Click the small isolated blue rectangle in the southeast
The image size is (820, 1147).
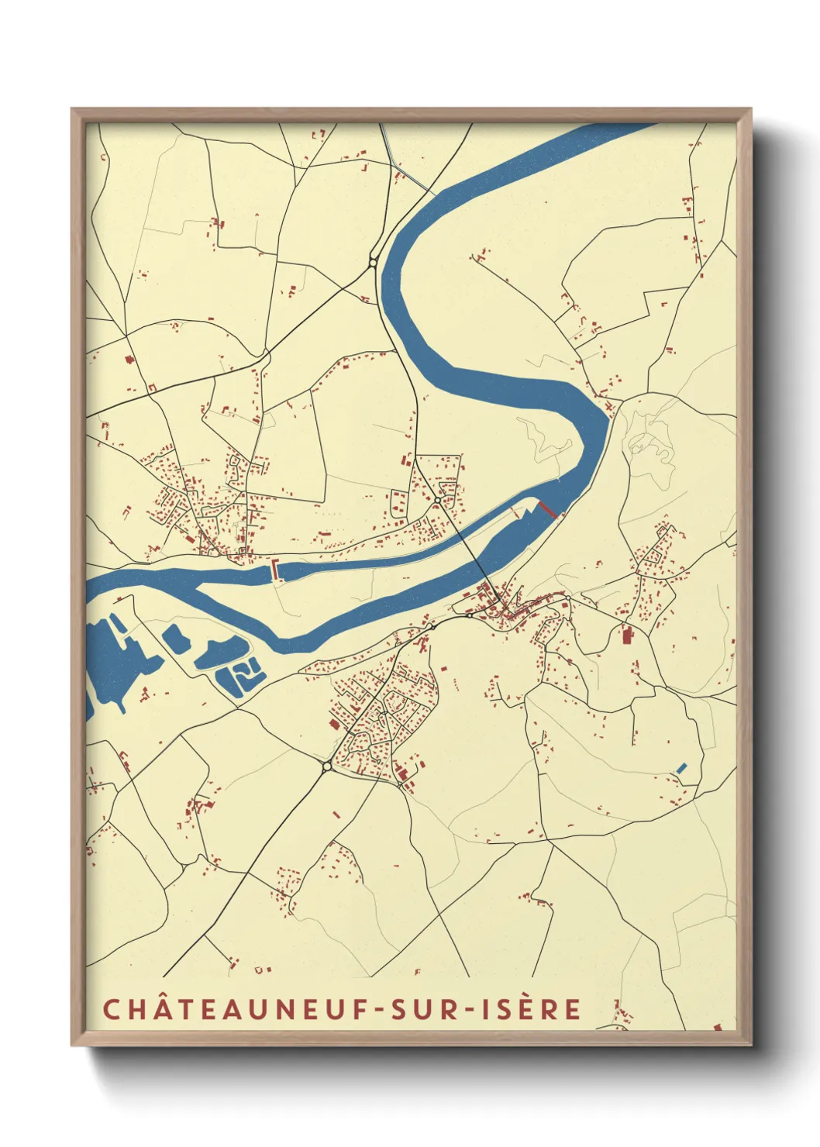pyautogui.click(x=681, y=767)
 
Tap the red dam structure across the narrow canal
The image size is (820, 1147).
pyautogui.click(x=275, y=570)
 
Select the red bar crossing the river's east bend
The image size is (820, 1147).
pyautogui.click(x=547, y=508)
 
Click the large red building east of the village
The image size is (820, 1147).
pyautogui.click(x=626, y=636)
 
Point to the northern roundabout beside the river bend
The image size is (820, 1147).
pyautogui.click(x=374, y=263)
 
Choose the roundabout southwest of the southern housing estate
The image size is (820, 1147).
pyautogui.click(x=327, y=766)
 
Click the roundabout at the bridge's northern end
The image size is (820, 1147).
pyautogui.click(x=438, y=501)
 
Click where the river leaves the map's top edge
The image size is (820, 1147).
pyautogui.click(x=620, y=126)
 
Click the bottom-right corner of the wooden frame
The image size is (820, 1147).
pyautogui.click(x=749, y=1044)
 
